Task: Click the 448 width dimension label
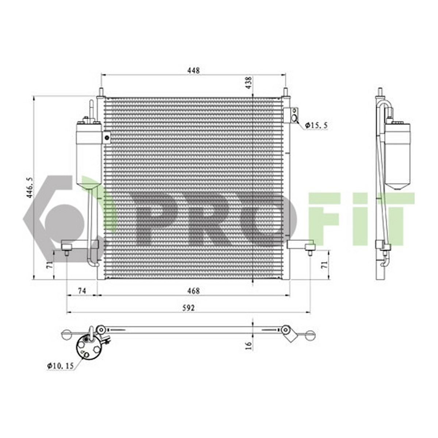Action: point(193,70)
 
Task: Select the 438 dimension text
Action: point(249,83)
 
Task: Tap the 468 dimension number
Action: point(193,291)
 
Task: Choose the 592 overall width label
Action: point(189,308)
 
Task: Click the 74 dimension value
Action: point(82,291)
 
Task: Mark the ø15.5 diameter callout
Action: point(316,125)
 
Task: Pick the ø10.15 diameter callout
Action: point(61,372)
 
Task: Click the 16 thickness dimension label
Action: point(249,346)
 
